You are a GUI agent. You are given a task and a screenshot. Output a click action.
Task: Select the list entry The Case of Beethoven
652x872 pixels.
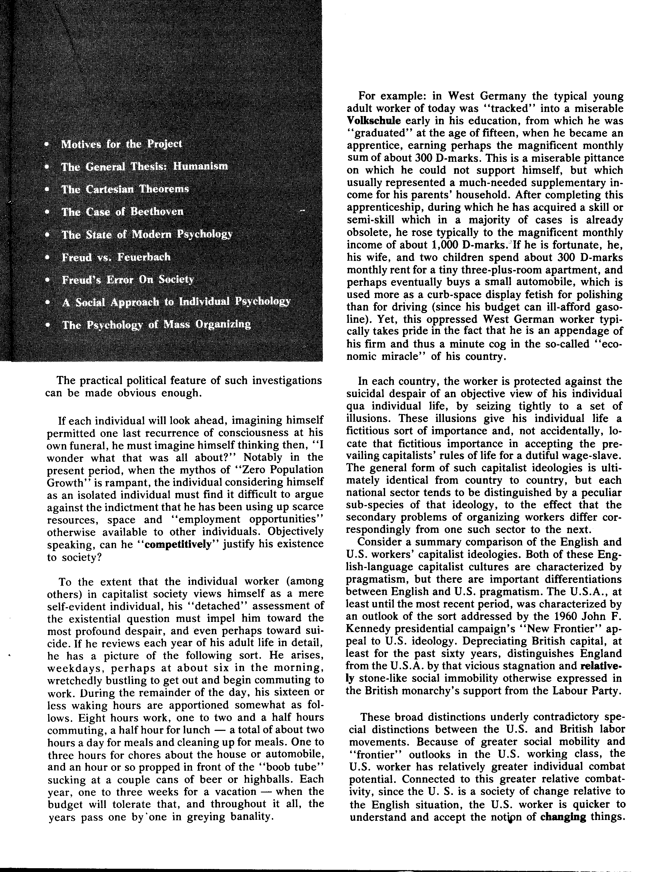point(122,212)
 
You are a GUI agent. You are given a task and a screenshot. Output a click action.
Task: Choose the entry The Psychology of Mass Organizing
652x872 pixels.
point(157,325)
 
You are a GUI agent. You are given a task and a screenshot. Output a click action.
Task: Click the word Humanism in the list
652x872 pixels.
point(201,166)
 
